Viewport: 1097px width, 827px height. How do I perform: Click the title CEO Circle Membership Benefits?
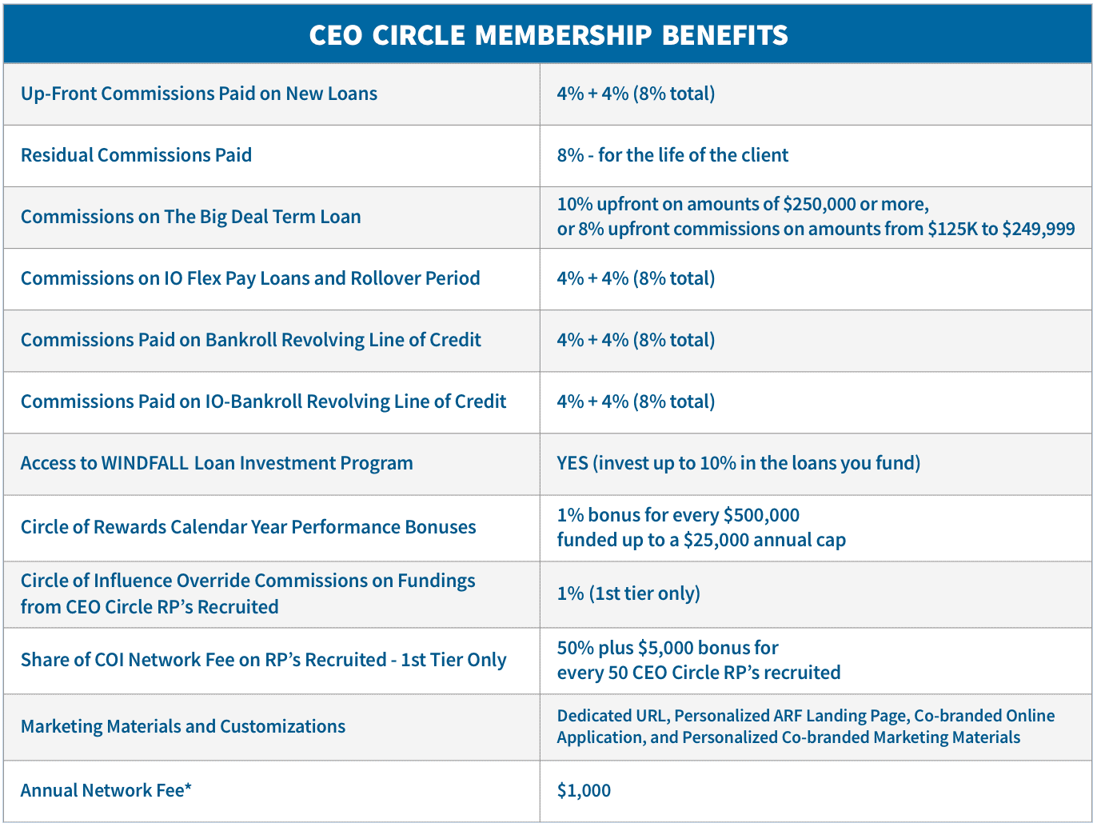click(548, 35)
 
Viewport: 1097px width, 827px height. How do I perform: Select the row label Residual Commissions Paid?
click(136, 155)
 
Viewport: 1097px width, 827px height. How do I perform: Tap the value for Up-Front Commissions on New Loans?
click(636, 94)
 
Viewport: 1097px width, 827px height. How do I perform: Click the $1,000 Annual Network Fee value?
click(584, 790)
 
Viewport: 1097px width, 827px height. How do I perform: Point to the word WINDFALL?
click(145, 463)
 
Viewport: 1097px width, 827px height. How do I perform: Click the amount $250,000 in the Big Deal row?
click(819, 204)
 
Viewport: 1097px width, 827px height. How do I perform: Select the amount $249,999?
click(1039, 230)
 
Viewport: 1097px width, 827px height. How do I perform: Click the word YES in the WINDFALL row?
click(572, 463)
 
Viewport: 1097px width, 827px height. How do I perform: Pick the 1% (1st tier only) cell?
click(628, 593)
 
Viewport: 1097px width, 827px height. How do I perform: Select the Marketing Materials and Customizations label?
click(183, 726)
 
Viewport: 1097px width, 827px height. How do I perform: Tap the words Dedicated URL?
click(612, 716)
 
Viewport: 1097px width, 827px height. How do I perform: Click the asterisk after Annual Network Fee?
click(188, 789)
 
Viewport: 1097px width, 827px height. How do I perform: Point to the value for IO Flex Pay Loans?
click(636, 278)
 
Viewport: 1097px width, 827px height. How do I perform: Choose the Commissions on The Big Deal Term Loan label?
click(190, 217)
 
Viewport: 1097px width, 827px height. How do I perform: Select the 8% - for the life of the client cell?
click(672, 155)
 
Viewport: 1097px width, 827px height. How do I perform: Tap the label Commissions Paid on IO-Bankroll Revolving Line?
click(263, 402)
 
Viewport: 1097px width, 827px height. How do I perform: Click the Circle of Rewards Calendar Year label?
click(248, 527)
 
